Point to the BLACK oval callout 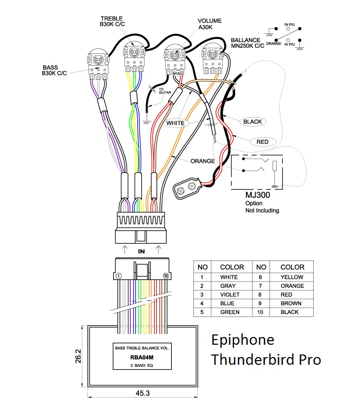point(252,122)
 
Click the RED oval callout point(262,141)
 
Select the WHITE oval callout point(175,123)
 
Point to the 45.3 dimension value point(143,394)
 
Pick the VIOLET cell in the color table point(228,294)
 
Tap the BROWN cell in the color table point(292,303)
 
